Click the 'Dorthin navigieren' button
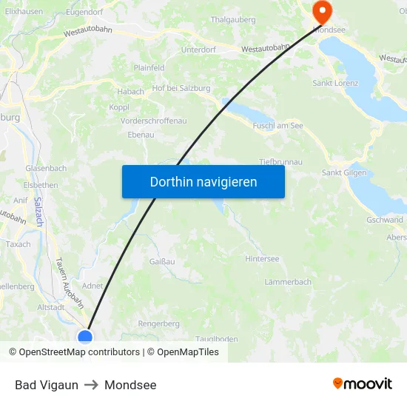(x=203, y=181)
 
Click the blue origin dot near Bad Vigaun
(x=85, y=337)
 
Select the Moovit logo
(x=363, y=384)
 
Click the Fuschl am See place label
(x=277, y=126)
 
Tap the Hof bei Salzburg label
(x=181, y=88)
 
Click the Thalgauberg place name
(x=233, y=20)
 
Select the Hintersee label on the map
(x=262, y=259)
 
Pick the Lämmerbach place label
(x=288, y=282)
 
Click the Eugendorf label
(x=84, y=12)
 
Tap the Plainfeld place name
(x=149, y=67)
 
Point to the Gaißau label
(x=162, y=261)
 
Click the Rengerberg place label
(x=159, y=323)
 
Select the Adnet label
(x=92, y=285)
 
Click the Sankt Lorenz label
(x=335, y=83)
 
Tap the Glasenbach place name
(x=46, y=168)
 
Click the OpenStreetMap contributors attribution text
(x=79, y=352)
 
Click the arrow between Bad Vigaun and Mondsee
(x=91, y=385)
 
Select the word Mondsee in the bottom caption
(x=130, y=385)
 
